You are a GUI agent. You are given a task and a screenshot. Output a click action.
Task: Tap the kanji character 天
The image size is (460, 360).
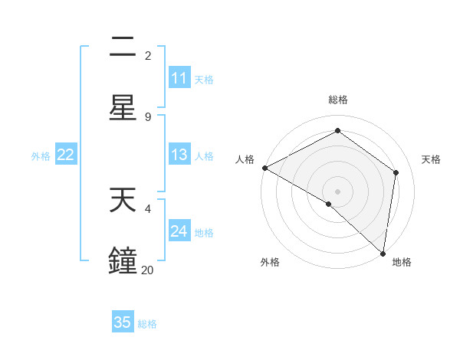tap(123, 201)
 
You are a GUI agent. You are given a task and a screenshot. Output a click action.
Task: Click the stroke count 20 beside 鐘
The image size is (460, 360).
tap(147, 270)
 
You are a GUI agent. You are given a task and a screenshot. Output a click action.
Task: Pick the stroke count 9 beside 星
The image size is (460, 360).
tap(147, 116)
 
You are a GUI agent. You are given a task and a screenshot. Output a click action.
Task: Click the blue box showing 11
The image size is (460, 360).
tap(179, 79)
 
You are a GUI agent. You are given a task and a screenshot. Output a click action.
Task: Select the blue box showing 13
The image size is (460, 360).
tap(179, 155)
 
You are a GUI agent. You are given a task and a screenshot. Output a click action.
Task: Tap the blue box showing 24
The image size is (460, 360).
tap(179, 232)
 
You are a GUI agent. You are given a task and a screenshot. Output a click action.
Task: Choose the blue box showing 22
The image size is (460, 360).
tap(66, 155)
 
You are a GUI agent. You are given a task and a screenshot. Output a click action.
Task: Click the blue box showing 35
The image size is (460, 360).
tap(123, 322)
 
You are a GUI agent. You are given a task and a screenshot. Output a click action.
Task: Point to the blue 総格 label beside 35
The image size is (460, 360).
tap(147, 324)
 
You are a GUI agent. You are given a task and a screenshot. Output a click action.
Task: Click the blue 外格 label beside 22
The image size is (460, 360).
tap(41, 156)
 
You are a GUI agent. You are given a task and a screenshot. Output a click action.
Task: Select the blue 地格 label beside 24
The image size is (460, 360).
tap(204, 233)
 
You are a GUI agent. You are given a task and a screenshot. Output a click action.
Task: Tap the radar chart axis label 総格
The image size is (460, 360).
tap(338, 100)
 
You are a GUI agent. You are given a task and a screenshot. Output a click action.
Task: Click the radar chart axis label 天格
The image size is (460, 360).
tap(431, 159)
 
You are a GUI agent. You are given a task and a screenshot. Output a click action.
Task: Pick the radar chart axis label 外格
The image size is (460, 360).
tap(269, 262)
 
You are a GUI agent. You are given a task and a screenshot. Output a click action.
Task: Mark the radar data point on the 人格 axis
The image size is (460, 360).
tap(264, 168)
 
